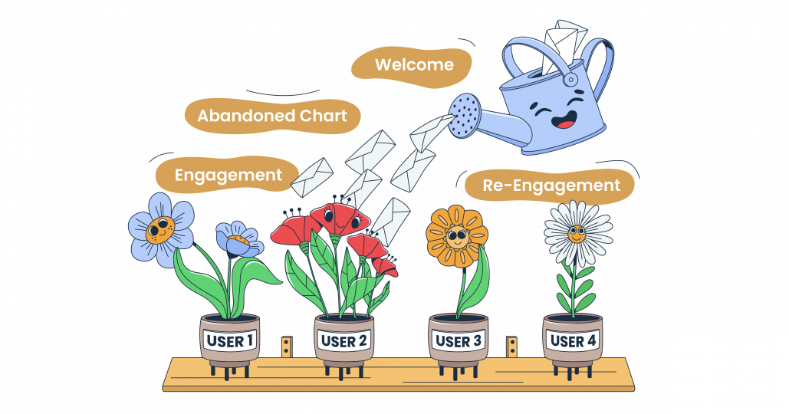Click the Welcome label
(x=414, y=64)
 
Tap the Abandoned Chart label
(x=272, y=116)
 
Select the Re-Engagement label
(x=551, y=185)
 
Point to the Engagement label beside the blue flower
(x=228, y=175)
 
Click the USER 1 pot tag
(x=230, y=340)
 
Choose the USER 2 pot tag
(x=344, y=341)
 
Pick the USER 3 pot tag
(x=459, y=341)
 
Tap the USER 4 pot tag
(x=573, y=340)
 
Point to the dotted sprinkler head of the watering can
(x=465, y=116)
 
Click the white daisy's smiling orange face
(x=577, y=234)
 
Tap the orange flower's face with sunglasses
(x=456, y=236)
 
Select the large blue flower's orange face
(x=160, y=229)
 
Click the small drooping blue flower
(x=238, y=240)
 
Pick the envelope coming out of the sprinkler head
(x=431, y=133)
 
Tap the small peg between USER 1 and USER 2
(x=287, y=347)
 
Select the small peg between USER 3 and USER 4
(x=511, y=347)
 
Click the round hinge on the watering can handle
(x=570, y=80)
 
